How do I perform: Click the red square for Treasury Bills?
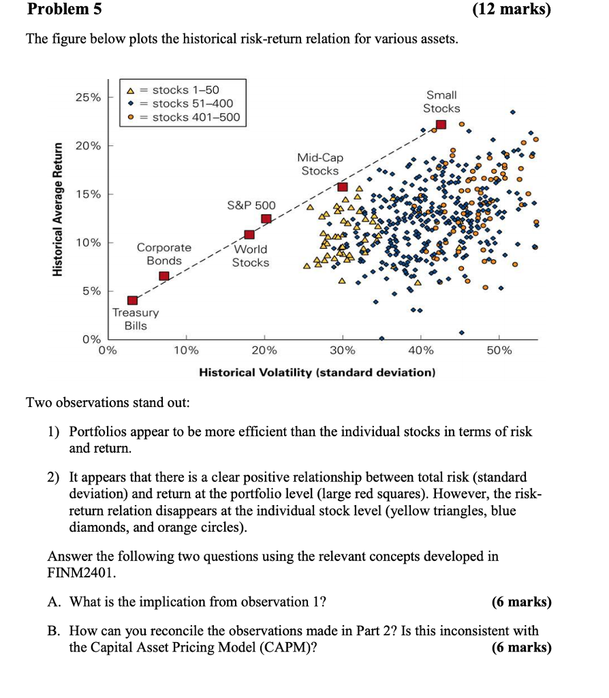[133, 301]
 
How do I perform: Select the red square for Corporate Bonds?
[164, 276]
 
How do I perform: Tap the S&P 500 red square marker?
[266, 219]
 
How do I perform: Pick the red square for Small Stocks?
[441, 124]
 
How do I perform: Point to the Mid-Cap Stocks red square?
[343, 187]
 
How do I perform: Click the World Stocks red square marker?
[249, 234]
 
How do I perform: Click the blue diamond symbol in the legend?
[130, 104]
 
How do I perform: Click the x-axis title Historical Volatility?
[316, 373]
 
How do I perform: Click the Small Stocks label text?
[441, 102]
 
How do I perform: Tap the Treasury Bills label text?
[136, 319]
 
